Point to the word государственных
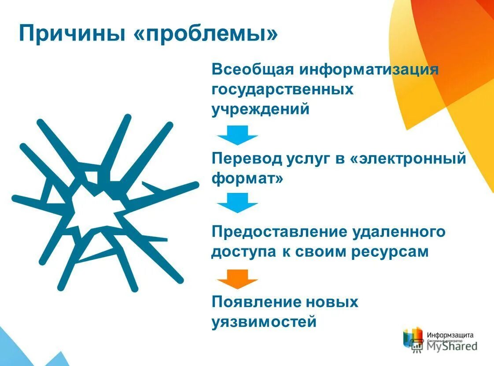[x=283, y=90]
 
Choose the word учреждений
[x=261, y=109]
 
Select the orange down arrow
[x=238, y=279]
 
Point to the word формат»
[x=247, y=179]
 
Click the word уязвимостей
[x=264, y=322]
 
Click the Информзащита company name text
[x=449, y=334]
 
